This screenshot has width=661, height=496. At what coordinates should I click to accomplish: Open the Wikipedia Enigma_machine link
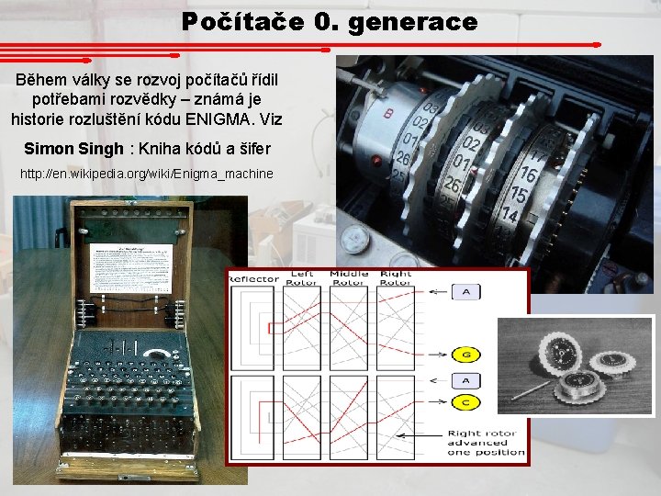click(147, 174)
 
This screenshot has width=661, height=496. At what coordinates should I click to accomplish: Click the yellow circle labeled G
click(466, 355)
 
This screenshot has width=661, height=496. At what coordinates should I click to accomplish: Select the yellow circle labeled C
click(466, 401)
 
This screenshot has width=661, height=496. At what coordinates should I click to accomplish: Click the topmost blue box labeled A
click(466, 292)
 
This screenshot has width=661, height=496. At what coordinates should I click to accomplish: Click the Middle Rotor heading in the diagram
click(349, 277)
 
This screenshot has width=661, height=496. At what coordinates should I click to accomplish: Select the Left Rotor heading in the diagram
click(302, 277)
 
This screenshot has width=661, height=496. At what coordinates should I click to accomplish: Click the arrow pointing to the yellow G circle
click(433, 355)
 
